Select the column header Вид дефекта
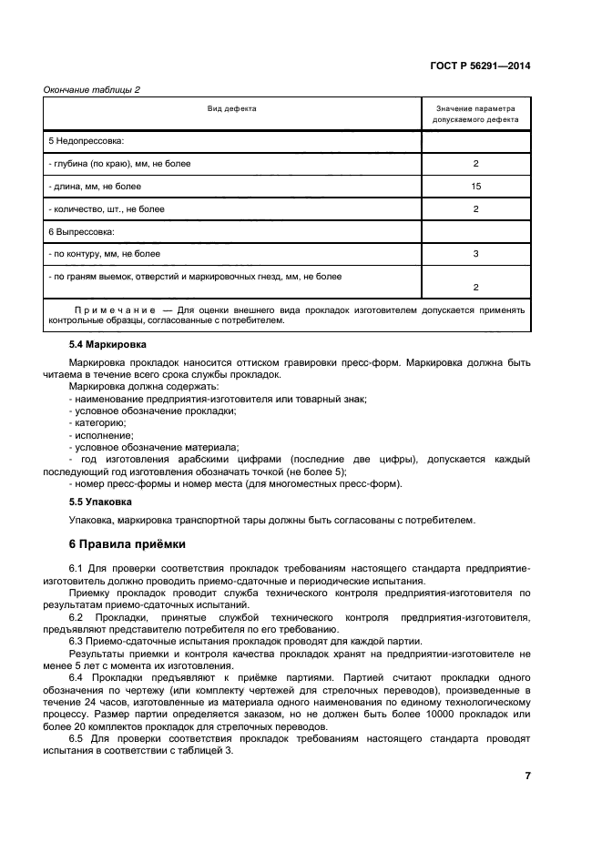[232, 108]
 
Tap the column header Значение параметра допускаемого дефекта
[475, 114]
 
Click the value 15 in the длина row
[475, 186]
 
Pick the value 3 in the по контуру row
[475, 254]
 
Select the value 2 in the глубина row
[475, 164]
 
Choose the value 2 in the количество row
[475, 208]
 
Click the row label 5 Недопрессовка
[86, 142]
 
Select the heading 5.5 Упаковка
[101, 501]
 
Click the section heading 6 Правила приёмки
[128, 544]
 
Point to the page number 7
[527, 776]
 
